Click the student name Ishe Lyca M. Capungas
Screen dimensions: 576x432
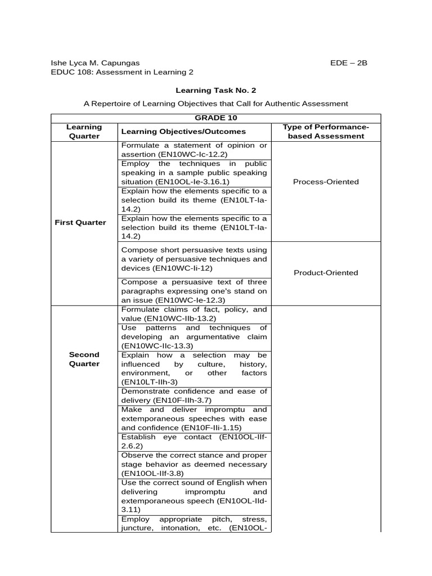[95, 62]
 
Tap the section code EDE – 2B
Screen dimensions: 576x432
[348, 62]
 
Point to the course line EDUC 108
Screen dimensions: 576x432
[122, 72]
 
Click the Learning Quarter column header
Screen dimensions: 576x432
[84, 132]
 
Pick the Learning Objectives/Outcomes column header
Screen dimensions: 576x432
[183, 132]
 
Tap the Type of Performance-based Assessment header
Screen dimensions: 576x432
[326, 132]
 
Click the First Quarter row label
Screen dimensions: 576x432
[80, 222]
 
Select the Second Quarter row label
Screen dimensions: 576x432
[84, 359]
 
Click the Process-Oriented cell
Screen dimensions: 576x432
[326, 182]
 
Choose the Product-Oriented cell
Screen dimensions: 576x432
[326, 273]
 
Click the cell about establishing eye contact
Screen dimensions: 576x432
[194, 440]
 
